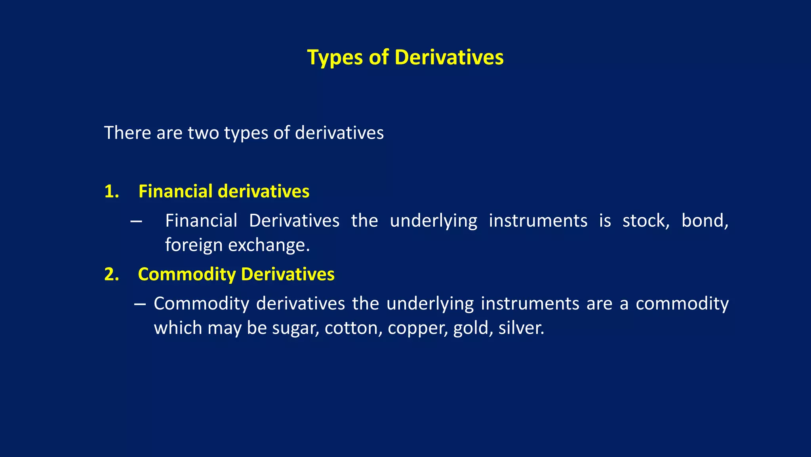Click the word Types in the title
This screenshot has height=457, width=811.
click(335, 58)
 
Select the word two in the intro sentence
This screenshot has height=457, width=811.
click(203, 133)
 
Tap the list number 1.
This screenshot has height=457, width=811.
click(111, 192)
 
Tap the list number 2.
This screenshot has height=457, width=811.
click(111, 274)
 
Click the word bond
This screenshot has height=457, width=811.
click(704, 221)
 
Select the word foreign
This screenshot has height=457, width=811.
click(194, 245)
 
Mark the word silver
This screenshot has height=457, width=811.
click(521, 328)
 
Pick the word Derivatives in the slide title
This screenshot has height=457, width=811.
click(449, 58)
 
